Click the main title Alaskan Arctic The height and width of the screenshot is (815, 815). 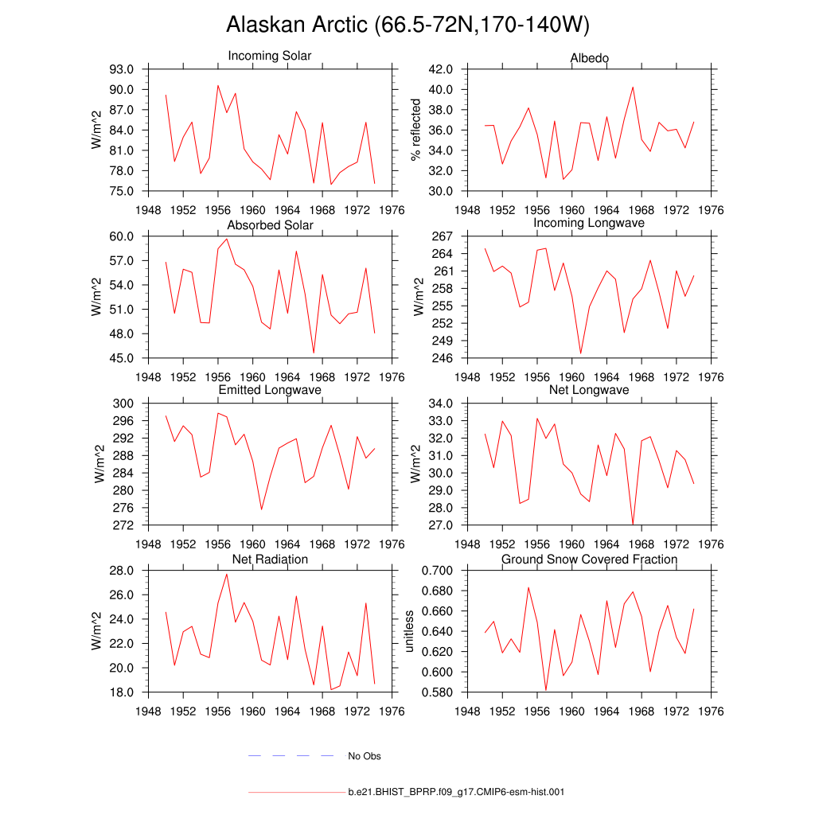407,25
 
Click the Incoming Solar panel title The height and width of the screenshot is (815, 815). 270,56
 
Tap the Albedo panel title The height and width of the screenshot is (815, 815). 590,58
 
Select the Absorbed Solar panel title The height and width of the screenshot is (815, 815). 271,225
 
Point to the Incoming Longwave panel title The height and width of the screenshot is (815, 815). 589,223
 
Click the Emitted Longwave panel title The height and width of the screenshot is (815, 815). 270,390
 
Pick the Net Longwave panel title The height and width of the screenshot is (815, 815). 589,390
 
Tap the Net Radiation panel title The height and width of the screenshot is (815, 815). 270,560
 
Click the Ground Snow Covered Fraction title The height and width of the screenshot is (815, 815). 589,560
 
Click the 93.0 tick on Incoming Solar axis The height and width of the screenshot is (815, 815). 128,69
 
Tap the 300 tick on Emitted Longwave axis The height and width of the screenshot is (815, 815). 128,404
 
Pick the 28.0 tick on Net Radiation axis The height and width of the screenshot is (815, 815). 128,571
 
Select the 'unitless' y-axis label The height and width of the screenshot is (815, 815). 410,631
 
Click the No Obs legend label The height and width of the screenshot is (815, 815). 365,756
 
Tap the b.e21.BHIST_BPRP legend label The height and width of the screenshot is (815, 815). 456,793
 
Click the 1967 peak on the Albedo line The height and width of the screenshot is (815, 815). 633,87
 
